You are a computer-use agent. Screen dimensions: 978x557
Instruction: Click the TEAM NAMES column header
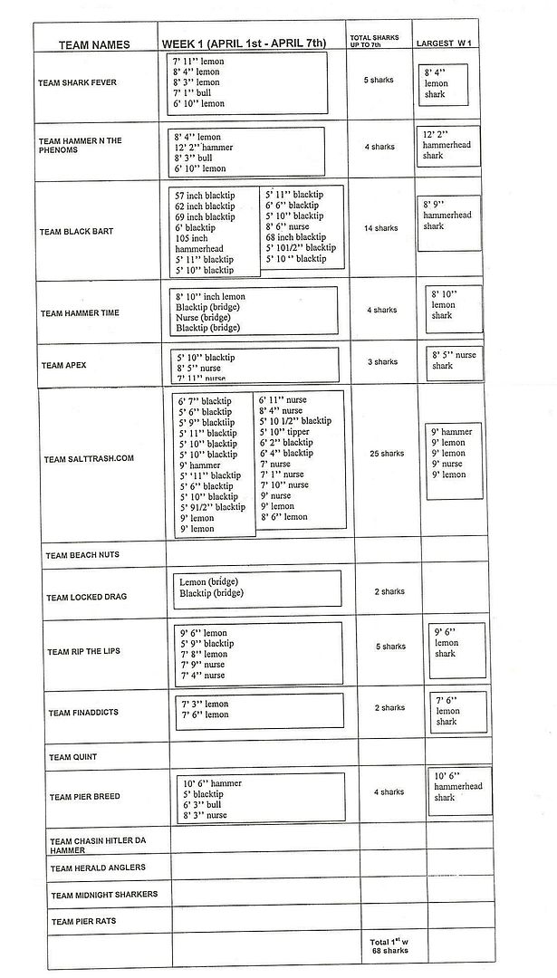pos(94,44)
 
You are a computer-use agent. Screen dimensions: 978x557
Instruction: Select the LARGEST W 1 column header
pos(446,43)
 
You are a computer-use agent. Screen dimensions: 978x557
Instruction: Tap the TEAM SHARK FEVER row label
pos(77,82)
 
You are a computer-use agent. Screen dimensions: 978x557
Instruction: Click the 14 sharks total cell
pos(380,228)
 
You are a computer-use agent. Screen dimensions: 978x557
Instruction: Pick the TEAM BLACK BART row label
pos(76,232)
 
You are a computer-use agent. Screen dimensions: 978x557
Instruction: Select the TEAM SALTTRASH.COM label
pos(89,458)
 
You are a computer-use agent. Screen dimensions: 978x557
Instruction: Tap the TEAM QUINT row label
pos(72,757)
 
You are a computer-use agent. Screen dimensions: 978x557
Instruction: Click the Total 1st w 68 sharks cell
pos(389,946)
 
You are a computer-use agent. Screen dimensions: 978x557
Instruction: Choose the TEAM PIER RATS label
pos(82,922)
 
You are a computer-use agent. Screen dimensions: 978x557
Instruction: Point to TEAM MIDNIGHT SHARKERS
pos(104,895)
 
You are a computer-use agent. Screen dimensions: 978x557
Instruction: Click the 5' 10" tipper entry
pos(284,431)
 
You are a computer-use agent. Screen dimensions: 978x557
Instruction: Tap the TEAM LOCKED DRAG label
pos(87,598)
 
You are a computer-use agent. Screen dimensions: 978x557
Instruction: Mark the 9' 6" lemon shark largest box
pos(456,643)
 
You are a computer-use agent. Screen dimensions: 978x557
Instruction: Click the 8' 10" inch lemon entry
pos(210,296)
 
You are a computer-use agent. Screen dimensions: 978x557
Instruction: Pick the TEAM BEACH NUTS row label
pos(82,554)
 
